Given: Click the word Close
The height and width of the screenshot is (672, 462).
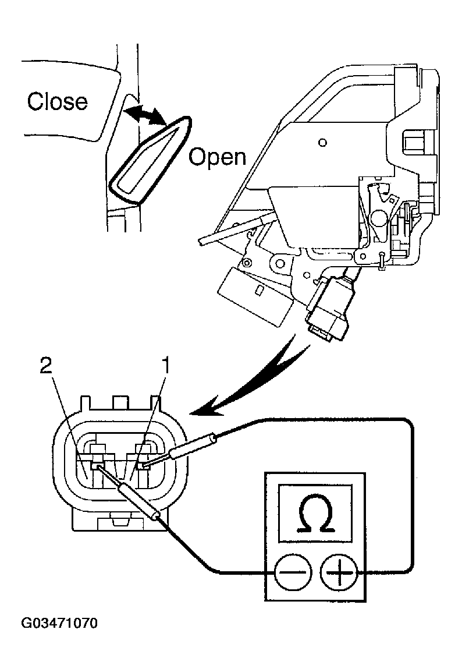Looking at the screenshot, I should click(58, 101).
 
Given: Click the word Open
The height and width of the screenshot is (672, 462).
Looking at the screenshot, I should click(218, 156).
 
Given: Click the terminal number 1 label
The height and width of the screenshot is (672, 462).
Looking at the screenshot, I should click(165, 366).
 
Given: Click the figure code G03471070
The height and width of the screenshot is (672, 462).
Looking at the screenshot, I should click(59, 624).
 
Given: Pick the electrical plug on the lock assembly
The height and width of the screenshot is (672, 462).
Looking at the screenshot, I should click(329, 309).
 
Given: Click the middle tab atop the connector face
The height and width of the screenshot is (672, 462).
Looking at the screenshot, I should click(120, 402).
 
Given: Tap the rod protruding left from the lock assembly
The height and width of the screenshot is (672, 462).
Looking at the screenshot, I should click(233, 231).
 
